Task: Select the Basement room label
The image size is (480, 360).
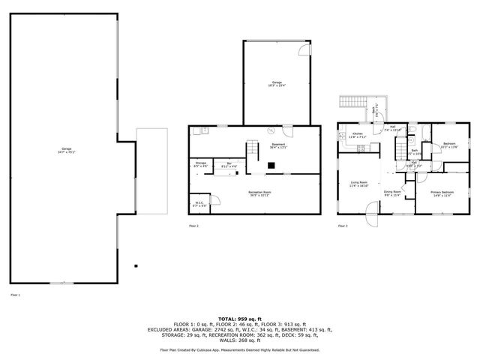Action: click(x=278, y=146)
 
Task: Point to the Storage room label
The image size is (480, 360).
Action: click(x=200, y=164)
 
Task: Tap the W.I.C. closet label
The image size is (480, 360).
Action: click(x=199, y=202)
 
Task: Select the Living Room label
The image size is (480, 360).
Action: click(x=358, y=184)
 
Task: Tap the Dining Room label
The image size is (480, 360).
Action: click(x=391, y=193)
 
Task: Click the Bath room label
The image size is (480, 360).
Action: click(x=414, y=151)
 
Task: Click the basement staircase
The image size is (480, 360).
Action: click(x=255, y=149)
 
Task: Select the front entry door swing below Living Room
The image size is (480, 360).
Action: click(x=370, y=219)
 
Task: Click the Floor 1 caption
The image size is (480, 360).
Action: click(x=14, y=295)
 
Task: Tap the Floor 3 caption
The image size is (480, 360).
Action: click(x=343, y=225)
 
